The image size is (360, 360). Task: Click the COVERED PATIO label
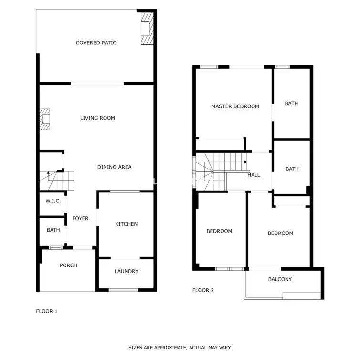tap(96, 42)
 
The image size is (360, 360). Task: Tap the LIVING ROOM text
tap(97, 118)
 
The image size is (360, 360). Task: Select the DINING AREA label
tap(114, 167)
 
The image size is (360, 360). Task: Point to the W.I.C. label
tap(53, 201)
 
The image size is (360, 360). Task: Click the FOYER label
tap(80, 218)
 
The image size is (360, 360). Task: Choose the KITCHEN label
tap(126, 224)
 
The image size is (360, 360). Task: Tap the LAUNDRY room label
tap(127, 271)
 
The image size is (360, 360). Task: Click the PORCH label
tap(68, 265)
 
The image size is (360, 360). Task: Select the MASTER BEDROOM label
tap(235, 106)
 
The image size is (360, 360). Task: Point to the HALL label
tap(254, 175)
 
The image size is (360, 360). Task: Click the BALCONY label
tap(280, 279)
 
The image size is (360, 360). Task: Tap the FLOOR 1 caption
tap(47, 311)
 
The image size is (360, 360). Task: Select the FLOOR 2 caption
tap(203, 290)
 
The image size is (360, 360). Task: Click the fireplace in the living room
tap(45, 119)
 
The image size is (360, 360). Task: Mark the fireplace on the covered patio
tap(147, 29)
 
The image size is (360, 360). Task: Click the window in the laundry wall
tap(124, 290)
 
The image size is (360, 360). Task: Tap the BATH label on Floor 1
tap(53, 230)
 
